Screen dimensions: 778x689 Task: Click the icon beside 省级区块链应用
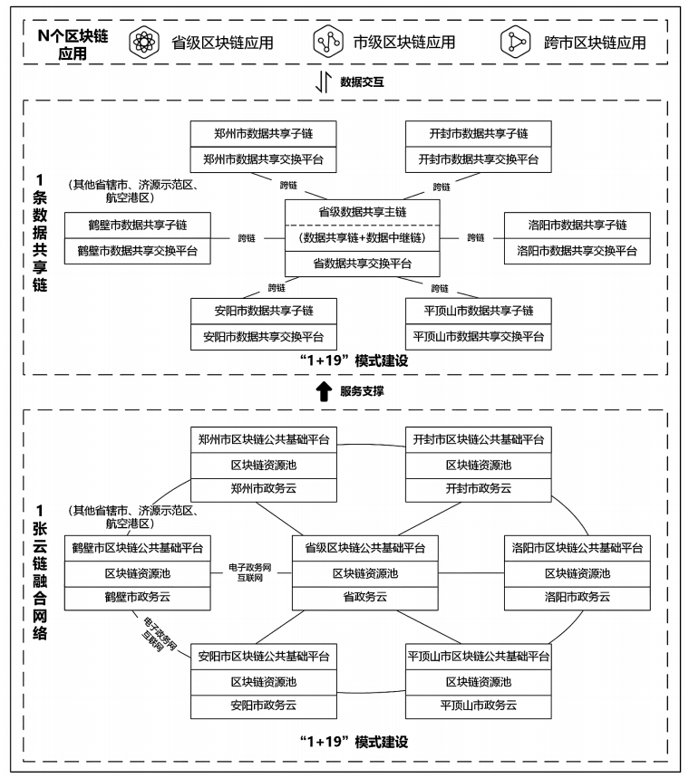point(142,42)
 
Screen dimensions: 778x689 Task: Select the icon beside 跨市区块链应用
point(516,42)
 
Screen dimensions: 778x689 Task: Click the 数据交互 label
point(362,82)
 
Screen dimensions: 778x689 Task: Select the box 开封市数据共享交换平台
point(478,158)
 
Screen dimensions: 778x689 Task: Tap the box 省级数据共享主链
point(362,212)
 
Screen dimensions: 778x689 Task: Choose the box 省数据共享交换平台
point(362,264)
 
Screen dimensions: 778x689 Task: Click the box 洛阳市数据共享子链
point(577,225)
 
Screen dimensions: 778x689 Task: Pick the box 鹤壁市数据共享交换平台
point(137,250)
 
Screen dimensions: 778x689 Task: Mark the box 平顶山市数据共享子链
point(478,311)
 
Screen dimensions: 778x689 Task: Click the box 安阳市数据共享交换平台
point(264,336)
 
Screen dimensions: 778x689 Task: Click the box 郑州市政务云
point(264,488)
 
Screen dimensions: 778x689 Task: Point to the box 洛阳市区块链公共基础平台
point(577,548)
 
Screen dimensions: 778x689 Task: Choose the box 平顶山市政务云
point(478,705)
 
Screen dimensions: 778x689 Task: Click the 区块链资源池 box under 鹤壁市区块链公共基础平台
point(137,573)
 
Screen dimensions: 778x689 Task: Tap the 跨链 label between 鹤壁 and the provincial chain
point(247,238)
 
